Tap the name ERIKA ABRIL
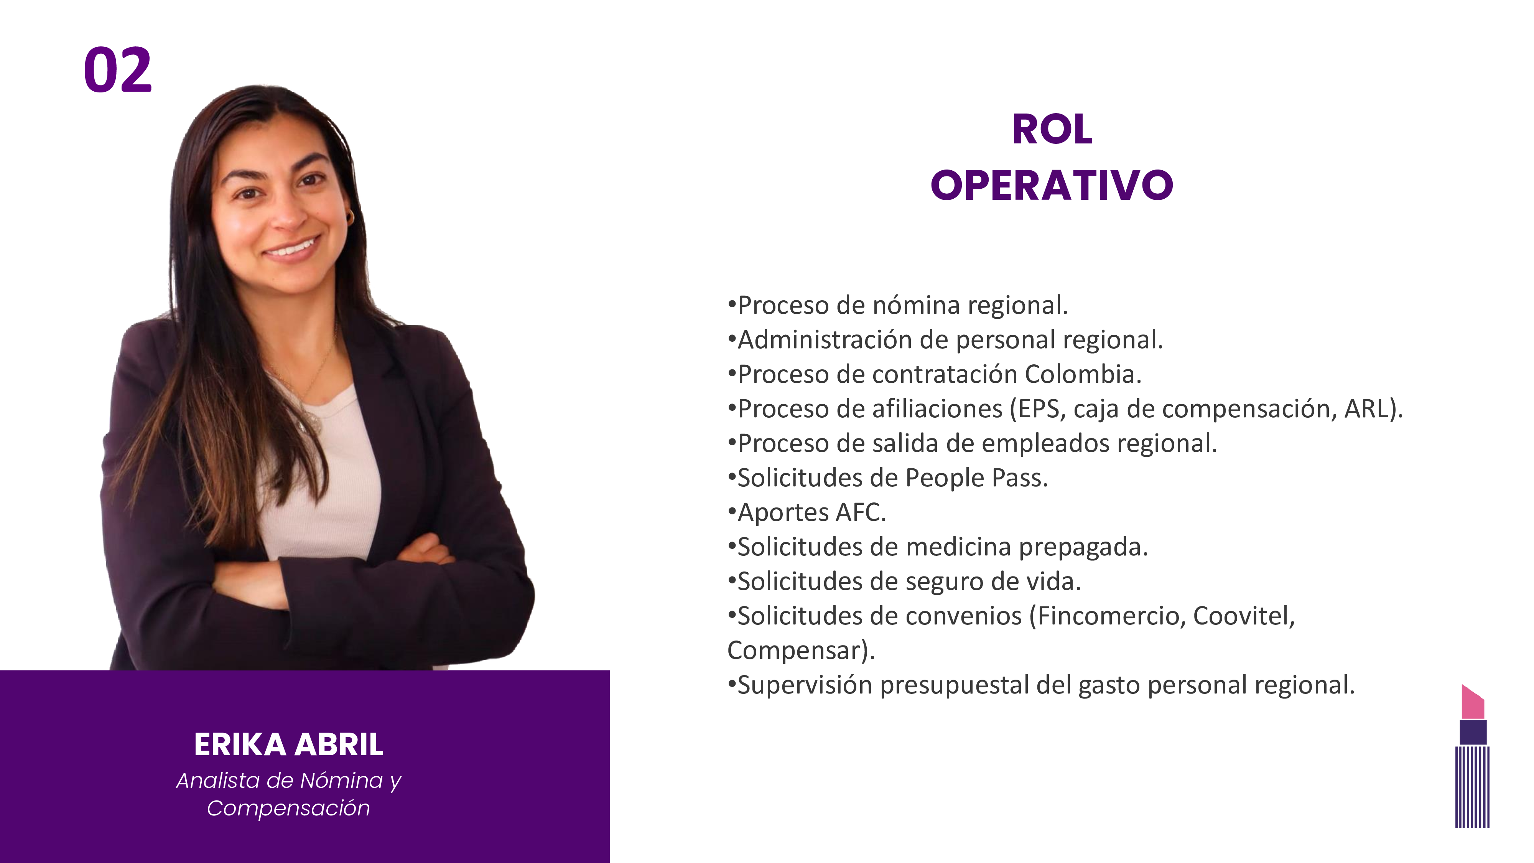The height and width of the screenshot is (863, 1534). click(289, 744)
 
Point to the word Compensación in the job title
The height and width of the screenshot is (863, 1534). click(288, 808)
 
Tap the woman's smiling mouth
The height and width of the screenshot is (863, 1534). click(292, 247)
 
